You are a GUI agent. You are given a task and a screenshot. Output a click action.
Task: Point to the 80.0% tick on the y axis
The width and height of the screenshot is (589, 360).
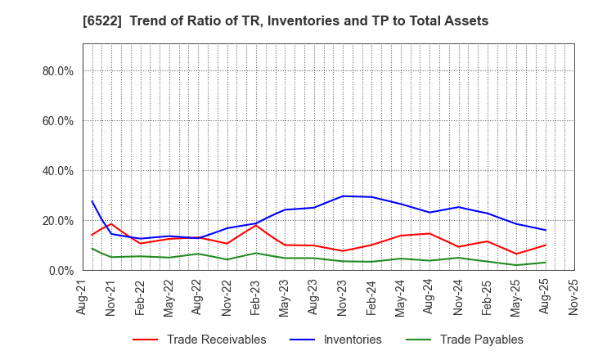click(57, 71)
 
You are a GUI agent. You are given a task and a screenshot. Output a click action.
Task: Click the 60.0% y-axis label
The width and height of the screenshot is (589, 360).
click(57, 121)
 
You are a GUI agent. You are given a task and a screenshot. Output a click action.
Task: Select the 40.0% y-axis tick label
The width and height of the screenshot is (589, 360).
click(57, 171)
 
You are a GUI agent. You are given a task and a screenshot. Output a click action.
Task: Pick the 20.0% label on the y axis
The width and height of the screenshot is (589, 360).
click(57, 221)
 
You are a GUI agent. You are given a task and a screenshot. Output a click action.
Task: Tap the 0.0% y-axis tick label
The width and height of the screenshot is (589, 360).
click(61, 271)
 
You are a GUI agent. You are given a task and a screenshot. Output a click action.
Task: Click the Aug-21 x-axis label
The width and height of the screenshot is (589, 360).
click(83, 296)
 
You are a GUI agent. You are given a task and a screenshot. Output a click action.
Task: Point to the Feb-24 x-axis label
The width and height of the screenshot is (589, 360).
click(372, 296)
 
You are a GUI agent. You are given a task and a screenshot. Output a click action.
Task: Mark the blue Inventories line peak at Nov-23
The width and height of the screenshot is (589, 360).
click(344, 196)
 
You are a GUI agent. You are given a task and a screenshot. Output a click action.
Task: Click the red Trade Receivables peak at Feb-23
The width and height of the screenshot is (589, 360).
click(256, 225)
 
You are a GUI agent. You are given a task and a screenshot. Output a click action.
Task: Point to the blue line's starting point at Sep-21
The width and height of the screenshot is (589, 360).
click(92, 201)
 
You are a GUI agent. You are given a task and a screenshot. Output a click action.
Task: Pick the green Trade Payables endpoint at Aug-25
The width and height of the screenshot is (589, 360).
click(546, 262)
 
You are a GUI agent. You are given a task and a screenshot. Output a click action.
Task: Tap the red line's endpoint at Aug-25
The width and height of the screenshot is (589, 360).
click(546, 245)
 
